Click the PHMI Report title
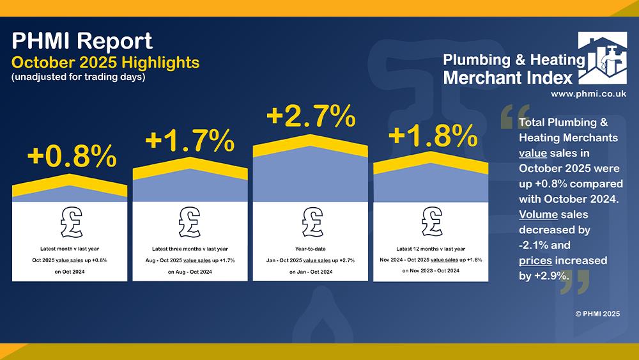click(x=82, y=41)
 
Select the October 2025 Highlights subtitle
click(x=105, y=63)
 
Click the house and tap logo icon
click(x=602, y=58)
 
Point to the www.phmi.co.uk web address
click(x=589, y=93)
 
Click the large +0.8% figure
click(x=71, y=155)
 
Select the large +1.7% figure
click(x=190, y=141)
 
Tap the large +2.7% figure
click(x=311, y=116)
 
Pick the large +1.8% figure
click(x=432, y=136)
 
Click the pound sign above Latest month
click(x=71, y=222)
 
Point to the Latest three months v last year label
click(x=190, y=249)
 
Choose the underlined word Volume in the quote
click(x=539, y=214)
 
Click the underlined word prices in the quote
click(x=535, y=260)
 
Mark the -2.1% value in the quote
click(x=534, y=245)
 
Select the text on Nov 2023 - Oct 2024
click(x=431, y=271)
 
